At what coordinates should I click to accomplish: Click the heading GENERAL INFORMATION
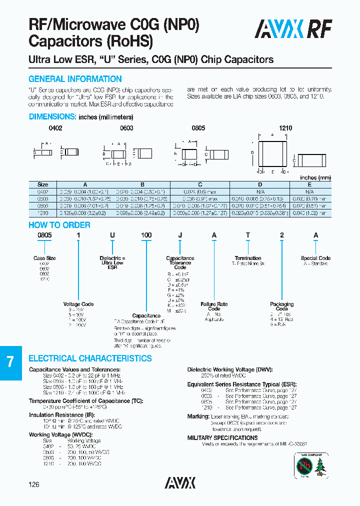click(x=75, y=79)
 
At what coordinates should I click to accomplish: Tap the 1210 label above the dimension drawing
click(x=285, y=128)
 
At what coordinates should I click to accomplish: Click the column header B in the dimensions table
click(x=142, y=184)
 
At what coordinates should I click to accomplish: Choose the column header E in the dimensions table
click(x=309, y=184)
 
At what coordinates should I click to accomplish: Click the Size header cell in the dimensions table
click(x=43, y=184)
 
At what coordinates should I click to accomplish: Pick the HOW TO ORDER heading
click(x=59, y=225)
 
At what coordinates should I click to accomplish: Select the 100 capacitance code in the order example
click(x=146, y=235)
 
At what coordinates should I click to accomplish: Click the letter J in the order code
click(x=180, y=235)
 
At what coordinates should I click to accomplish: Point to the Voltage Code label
click(x=78, y=304)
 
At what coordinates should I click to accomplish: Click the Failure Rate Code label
click(x=214, y=306)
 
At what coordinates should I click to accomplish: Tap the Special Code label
click(x=315, y=258)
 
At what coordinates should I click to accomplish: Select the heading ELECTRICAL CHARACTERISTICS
click(x=90, y=358)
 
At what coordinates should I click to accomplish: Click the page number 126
click(x=33, y=484)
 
